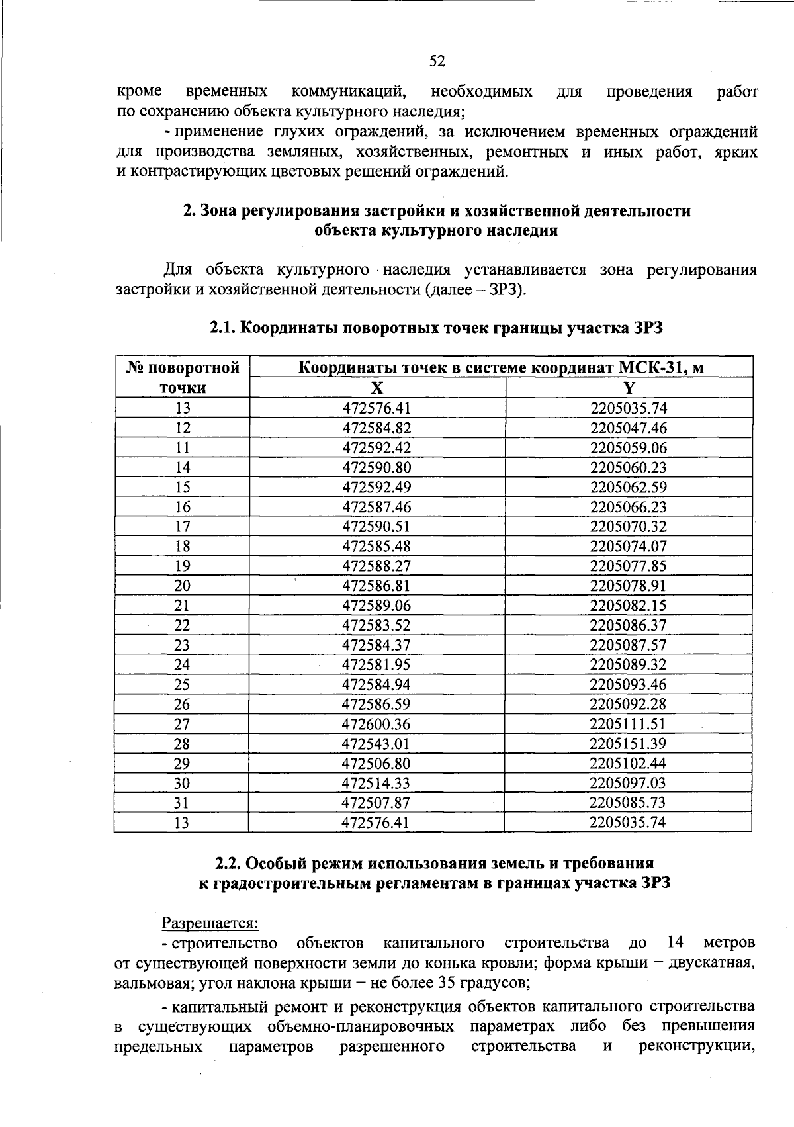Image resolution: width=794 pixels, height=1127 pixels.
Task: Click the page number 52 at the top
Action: coord(437,62)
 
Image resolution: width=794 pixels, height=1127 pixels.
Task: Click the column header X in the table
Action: coord(377,388)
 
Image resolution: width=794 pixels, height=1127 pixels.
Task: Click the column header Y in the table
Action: coord(629,388)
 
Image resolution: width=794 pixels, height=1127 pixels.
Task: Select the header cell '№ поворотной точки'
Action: coord(183,377)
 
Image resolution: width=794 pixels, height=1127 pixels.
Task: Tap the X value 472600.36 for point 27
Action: coord(376,724)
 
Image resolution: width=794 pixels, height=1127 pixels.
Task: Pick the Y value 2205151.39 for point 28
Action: coord(628,744)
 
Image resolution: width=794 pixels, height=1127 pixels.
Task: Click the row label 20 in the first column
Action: coord(182,586)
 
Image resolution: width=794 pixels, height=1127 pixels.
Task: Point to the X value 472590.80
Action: coord(376,467)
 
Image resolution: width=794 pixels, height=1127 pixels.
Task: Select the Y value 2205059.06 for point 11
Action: coord(629,447)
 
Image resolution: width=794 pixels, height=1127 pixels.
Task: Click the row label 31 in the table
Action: coord(181,803)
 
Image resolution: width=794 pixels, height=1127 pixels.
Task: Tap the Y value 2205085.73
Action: coord(628,803)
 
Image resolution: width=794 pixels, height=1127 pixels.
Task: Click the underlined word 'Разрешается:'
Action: coord(210,922)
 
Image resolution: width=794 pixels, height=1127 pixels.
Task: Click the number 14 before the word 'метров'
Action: coord(675,942)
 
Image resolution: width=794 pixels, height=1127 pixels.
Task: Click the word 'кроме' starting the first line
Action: coord(140,91)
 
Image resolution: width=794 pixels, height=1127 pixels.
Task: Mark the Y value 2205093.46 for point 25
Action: coord(629,684)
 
